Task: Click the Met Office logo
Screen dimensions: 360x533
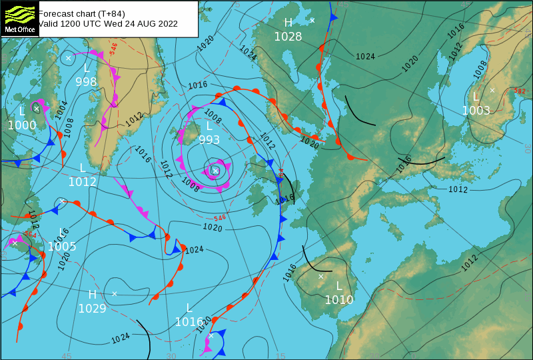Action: [19, 18]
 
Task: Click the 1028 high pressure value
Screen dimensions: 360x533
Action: [288, 37]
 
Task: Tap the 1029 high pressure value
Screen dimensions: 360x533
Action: [92, 308]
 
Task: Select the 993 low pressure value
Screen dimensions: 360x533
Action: [209, 140]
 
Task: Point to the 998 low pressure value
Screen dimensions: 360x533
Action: [86, 82]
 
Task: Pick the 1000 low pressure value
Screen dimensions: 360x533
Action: [22, 125]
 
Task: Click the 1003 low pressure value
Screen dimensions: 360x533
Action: [476, 111]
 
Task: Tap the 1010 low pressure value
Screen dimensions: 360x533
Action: [338, 300]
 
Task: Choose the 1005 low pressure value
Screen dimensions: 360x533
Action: [62, 247]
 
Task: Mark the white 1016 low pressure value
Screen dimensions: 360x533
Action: [189, 322]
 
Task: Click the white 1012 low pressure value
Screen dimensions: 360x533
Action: [83, 181]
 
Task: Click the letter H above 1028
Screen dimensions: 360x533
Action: [288, 23]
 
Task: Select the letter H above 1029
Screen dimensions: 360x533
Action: [93, 295]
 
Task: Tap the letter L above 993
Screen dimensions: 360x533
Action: [209, 126]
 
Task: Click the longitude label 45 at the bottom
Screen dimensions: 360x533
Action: [66, 356]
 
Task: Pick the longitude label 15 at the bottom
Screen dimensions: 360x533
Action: [281, 356]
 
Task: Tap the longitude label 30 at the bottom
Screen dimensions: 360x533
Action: [171, 356]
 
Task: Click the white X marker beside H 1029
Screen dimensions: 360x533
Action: [115, 293]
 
